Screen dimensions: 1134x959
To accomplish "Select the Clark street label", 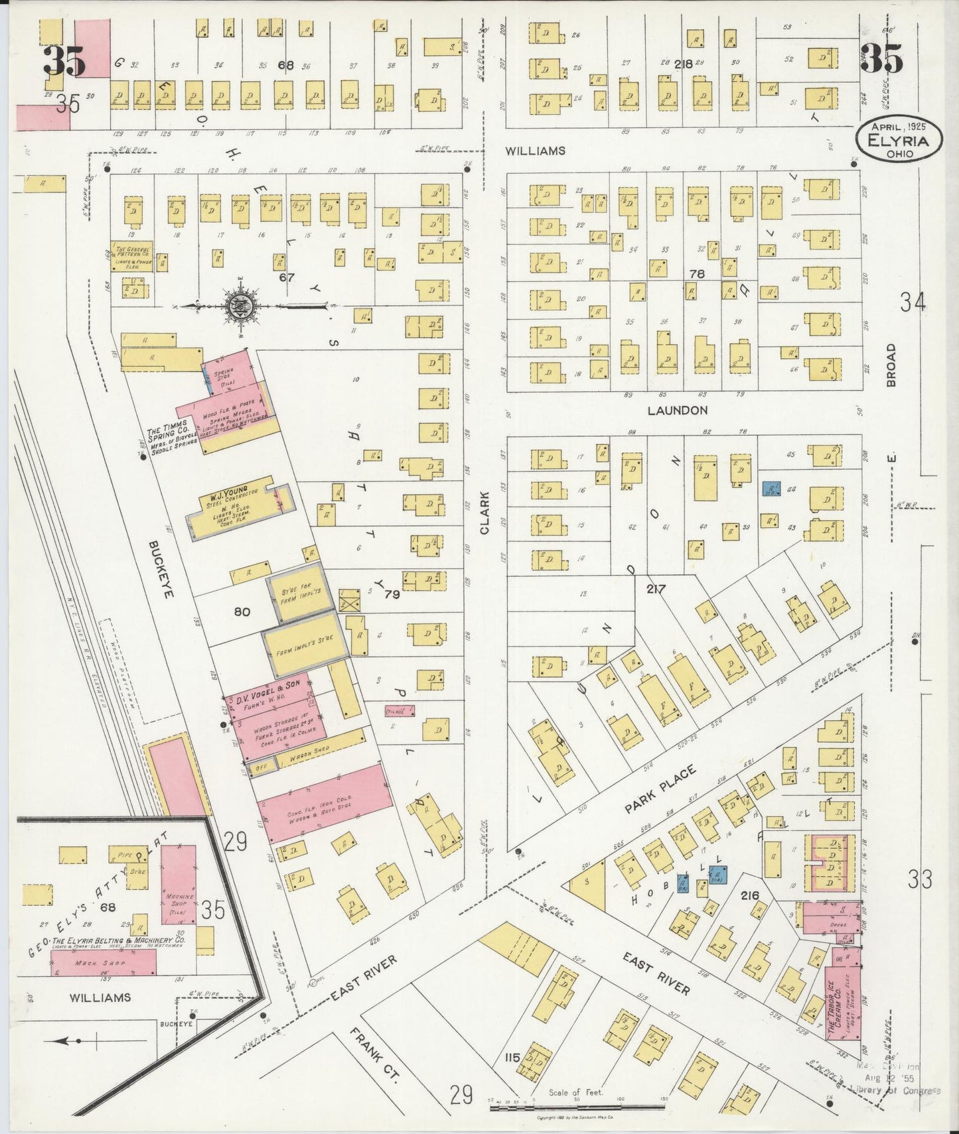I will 485,513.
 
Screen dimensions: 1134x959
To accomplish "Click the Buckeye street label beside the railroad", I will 161,568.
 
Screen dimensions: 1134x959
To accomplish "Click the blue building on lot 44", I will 771,490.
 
